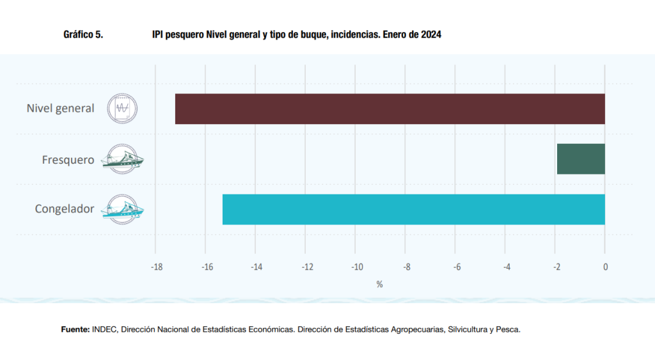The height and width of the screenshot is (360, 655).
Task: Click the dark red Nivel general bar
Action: click(x=390, y=109)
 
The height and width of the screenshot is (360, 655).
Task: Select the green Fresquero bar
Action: click(x=581, y=159)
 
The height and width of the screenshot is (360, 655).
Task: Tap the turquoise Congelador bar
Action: click(x=413, y=209)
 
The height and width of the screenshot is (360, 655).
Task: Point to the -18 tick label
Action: click(x=156, y=267)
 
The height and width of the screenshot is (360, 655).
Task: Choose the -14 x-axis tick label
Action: click(x=256, y=267)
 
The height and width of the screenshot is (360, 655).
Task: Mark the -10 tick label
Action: click(x=356, y=267)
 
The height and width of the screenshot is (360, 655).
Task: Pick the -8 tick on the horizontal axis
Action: click(x=406, y=267)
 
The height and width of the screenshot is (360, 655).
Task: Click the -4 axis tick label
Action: click(x=506, y=267)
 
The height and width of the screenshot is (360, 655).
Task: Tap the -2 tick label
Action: click(x=556, y=267)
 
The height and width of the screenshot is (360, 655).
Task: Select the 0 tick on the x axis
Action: click(x=605, y=267)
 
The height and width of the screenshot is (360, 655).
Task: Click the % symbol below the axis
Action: click(x=379, y=284)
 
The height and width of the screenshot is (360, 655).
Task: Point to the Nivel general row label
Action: click(x=60, y=109)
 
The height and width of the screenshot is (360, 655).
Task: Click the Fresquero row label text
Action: click(x=68, y=159)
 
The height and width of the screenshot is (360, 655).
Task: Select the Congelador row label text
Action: click(x=64, y=209)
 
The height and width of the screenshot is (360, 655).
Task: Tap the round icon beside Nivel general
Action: click(x=122, y=109)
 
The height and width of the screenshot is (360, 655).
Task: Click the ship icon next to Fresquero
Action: click(x=123, y=159)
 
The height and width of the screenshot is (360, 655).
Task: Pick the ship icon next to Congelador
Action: click(x=123, y=209)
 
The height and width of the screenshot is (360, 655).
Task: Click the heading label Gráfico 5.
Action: click(x=83, y=35)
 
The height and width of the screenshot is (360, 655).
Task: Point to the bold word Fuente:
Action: click(x=75, y=330)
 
